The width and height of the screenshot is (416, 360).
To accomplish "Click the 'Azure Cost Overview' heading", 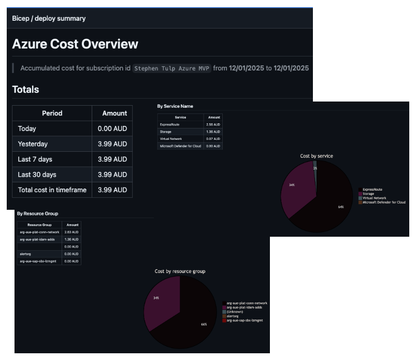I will click(x=75, y=44).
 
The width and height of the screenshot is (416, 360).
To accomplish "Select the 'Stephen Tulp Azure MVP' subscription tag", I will click(x=172, y=68).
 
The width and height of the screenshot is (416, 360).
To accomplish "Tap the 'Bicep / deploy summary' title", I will click(x=49, y=18).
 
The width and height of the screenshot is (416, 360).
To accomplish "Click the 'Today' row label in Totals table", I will click(x=27, y=128).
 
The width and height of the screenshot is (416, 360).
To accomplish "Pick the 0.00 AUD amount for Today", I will click(x=112, y=128).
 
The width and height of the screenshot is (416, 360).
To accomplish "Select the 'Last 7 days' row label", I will click(x=35, y=159).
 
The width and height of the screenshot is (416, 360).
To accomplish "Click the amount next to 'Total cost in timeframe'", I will click(x=112, y=190).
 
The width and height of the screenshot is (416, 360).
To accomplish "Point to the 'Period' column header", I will click(x=52, y=113).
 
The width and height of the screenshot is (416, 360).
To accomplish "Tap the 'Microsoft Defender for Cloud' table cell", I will click(x=181, y=147).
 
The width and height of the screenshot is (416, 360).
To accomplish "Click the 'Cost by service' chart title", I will click(x=317, y=156).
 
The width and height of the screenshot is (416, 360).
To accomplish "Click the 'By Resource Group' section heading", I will click(x=37, y=213).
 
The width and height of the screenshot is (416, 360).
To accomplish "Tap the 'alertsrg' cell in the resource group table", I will click(x=26, y=254).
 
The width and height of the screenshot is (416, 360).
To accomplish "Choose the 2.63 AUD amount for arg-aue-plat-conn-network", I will click(x=71, y=232).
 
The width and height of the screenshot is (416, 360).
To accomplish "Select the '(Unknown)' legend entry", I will click(x=236, y=312).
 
